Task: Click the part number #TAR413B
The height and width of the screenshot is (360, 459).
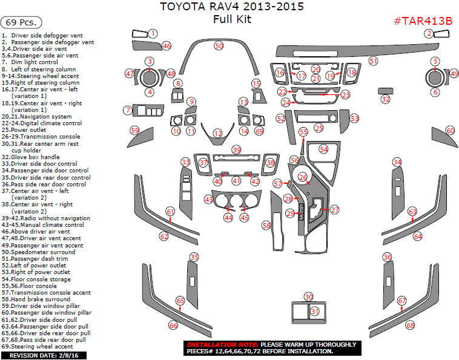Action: pyautogui.click(x=423, y=21)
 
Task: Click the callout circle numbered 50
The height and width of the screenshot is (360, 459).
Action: pyautogui.click(x=219, y=45)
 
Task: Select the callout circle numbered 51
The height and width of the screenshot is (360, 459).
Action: pyautogui.click(x=374, y=61)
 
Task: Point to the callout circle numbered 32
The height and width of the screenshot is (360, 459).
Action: pyautogui.click(x=386, y=99)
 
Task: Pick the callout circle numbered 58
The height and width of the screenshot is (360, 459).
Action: pyautogui.click(x=266, y=225)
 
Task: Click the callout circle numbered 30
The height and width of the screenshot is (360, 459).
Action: pyautogui.click(x=309, y=297)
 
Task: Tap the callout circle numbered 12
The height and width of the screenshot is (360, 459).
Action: pyautogui.click(x=217, y=133)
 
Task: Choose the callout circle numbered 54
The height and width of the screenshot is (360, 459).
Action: pyautogui.click(x=324, y=149)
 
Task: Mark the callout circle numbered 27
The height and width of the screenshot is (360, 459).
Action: pyautogui.click(x=335, y=209)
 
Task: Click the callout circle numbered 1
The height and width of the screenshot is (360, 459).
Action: pyautogui.click(x=153, y=34)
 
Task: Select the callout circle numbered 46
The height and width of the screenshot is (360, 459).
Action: pyautogui.click(x=167, y=46)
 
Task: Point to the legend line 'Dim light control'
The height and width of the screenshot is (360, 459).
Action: pyautogui.click(x=35, y=62)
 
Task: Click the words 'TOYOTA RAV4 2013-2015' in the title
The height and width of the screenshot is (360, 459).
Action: pyautogui.click(x=232, y=7)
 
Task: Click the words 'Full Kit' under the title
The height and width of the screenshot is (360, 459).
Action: pyautogui.click(x=232, y=19)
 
